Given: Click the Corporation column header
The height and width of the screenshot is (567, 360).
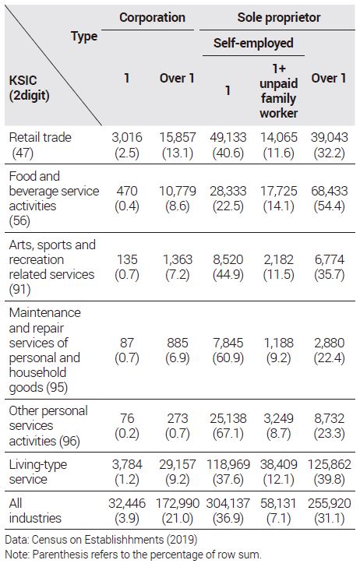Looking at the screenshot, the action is [152, 17].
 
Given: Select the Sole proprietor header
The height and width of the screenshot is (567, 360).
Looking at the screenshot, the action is [279, 17].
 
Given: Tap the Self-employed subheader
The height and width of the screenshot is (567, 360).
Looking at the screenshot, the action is [253, 43].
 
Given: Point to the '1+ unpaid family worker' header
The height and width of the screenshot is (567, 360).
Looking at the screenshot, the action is [279, 91].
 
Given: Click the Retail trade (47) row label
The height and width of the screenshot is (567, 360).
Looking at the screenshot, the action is [40, 145].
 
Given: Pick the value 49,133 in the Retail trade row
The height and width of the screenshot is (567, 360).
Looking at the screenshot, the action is [228, 137].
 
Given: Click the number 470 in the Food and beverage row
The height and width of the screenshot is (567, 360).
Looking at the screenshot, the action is [127, 191].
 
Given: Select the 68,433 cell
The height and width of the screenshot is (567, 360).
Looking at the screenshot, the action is [330, 191].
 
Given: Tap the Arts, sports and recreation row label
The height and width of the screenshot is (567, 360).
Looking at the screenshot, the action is [52, 267].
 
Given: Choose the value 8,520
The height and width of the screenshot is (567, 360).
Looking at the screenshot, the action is [228, 259].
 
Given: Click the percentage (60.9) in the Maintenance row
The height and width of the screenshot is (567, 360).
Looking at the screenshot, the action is [228, 357].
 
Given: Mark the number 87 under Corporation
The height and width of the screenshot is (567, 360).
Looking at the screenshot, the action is [127, 343].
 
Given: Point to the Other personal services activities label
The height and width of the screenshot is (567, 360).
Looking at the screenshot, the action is [48, 425].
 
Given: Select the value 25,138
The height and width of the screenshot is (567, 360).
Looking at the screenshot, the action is [228, 418].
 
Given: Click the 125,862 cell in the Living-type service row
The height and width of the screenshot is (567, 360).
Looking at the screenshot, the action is [330, 464].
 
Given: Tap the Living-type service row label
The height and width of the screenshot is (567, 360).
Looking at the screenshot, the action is [37, 471].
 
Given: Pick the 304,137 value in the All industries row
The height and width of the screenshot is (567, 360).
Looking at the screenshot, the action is [228, 503].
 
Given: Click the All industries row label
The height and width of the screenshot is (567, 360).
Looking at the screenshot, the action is [35, 511].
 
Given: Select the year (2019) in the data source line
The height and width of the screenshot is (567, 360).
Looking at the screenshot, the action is [182, 540].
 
